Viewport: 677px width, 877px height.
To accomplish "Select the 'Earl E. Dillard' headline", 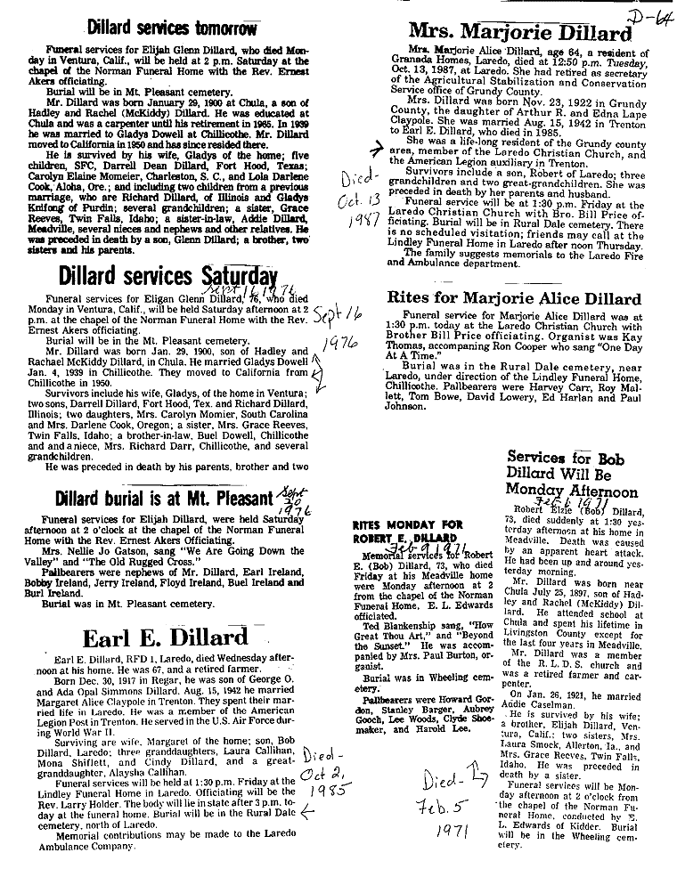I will [165, 637].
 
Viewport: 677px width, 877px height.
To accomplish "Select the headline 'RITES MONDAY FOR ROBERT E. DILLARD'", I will [405, 532].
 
